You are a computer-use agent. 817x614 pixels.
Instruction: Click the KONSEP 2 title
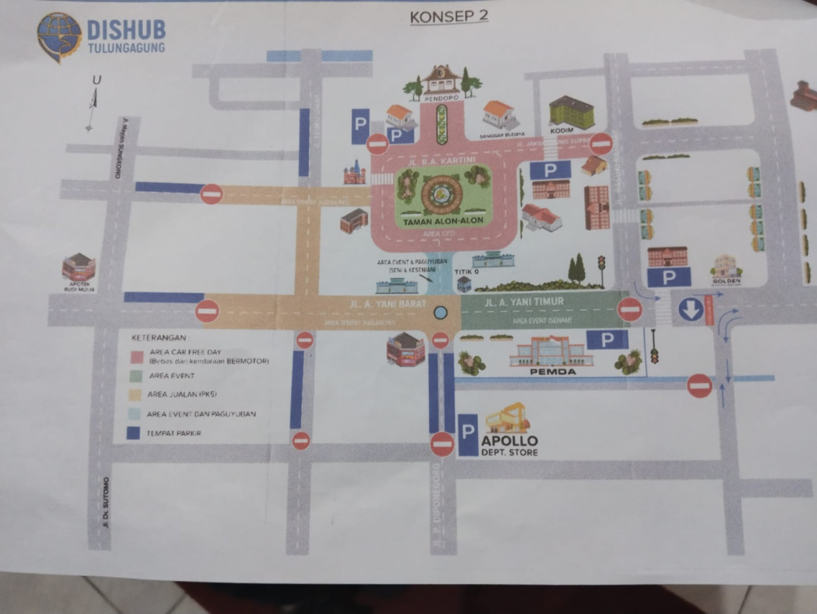click(x=449, y=16)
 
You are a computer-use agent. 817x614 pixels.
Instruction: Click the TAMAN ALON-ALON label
click(x=443, y=221)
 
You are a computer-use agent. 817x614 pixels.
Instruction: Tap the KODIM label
click(x=562, y=131)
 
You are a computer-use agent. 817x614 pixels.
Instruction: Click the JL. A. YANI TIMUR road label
click(x=524, y=302)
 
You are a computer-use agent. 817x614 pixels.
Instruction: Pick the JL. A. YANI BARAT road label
click(x=387, y=304)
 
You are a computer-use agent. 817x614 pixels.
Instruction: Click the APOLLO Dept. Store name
click(x=509, y=441)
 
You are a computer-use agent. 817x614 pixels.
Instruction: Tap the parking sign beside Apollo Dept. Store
click(x=468, y=435)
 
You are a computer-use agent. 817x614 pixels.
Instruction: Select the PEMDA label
click(x=553, y=372)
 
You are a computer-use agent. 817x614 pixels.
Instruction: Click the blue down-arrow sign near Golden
click(x=690, y=310)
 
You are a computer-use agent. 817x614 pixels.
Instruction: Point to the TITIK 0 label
click(x=467, y=272)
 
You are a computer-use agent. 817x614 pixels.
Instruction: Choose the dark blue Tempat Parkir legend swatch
click(x=133, y=433)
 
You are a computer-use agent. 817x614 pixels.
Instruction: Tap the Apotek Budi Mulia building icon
click(x=79, y=267)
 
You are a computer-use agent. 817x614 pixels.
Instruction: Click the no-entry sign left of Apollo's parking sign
click(x=442, y=444)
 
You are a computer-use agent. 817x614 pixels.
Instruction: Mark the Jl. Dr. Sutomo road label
click(x=106, y=504)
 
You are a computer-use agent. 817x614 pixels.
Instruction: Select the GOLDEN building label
click(x=726, y=281)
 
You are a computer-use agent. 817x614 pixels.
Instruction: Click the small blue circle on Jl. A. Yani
click(x=440, y=312)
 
